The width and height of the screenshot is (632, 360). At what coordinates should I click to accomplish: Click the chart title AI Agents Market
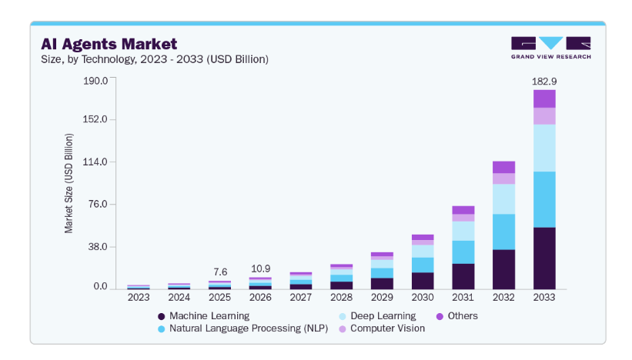point(109,44)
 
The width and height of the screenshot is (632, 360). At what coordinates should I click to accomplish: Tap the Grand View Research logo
point(551,48)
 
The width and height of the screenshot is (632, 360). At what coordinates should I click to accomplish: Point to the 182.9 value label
point(544,82)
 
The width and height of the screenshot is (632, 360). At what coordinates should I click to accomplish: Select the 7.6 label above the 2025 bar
point(220,272)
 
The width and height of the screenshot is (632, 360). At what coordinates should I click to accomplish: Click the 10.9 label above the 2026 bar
point(260,268)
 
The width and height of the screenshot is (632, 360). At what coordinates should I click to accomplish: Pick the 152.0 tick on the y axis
point(95,119)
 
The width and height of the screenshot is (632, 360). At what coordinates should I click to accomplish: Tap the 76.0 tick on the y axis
point(98,204)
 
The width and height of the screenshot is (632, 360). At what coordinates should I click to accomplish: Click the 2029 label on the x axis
point(382,298)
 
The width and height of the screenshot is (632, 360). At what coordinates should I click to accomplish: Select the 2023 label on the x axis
point(139,298)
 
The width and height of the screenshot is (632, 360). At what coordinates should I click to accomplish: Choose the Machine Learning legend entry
point(204,316)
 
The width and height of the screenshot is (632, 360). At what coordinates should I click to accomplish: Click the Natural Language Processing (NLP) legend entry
point(243,328)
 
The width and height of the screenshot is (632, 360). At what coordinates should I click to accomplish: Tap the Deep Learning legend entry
point(378,316)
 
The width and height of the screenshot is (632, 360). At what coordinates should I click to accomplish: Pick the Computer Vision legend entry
point(382,328)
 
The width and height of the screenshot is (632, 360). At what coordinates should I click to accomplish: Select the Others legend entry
point(457,316)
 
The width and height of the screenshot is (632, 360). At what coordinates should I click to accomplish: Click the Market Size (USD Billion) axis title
point(69,183)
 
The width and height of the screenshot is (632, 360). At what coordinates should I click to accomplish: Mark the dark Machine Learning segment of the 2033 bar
point(544,258)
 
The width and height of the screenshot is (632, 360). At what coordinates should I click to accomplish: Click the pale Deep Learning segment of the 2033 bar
point(544,148)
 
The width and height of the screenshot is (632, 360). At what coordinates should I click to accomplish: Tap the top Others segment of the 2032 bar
point(503,167)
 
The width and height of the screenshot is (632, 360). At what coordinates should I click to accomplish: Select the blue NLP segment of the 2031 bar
point(463,252)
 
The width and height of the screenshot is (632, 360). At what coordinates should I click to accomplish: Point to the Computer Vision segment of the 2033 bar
point(544,116)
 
